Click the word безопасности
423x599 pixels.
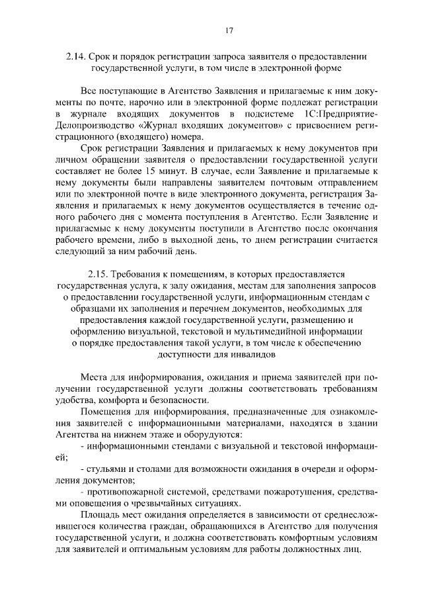coord(178,399)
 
